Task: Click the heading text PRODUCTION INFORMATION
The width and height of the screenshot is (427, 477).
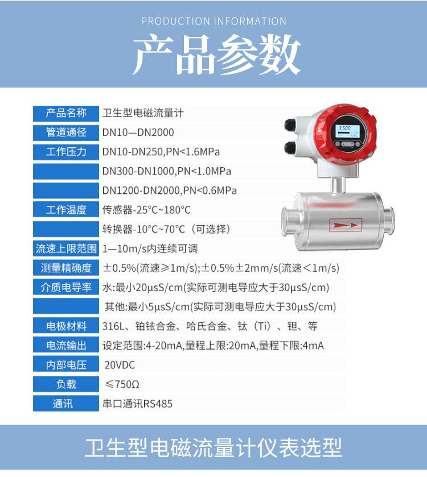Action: [x=213, y=21]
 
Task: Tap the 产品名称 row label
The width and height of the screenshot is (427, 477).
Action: [x=66, y=113]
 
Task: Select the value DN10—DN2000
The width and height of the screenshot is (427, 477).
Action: [x=138, y=132]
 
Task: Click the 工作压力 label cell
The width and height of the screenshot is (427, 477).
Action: [x=66, y=152]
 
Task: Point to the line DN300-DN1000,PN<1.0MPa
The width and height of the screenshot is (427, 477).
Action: [x=167, y=171]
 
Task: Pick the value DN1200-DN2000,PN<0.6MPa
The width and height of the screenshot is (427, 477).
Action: [x=169, y=190]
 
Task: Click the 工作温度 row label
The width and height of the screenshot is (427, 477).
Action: [x=66, y=210]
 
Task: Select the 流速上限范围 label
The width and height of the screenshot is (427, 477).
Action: [x=66, y=248]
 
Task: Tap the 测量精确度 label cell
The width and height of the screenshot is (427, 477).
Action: [x=66, y=268]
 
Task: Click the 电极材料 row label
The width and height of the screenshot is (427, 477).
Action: [x=66, y=326]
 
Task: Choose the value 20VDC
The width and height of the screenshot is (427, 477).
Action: [x=120, y=365]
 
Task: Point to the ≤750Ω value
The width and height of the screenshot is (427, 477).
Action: [x=122, y=384]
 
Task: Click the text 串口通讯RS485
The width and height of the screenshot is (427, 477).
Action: [x=137, y=404]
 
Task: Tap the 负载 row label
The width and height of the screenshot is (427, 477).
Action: [x=66, y=384]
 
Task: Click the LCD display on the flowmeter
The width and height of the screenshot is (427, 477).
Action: [x=347, y=131]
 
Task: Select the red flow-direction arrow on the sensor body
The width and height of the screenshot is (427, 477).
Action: [x=346, y=225]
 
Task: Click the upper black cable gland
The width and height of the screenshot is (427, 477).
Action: [x=291, y=125]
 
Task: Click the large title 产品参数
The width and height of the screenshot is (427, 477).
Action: [x=216, y=55]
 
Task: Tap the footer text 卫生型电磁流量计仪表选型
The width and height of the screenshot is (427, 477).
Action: [x=213, y=447]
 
